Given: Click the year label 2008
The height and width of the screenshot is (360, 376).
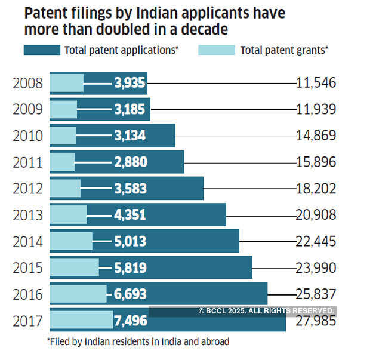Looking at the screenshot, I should click(x=27, y=83).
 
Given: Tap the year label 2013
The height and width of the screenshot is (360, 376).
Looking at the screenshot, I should click(x=27, y=214).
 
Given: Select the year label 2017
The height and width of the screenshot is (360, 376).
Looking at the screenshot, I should click(x=27, y=322).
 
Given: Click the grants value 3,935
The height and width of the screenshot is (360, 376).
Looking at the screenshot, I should click(x=130, y=83).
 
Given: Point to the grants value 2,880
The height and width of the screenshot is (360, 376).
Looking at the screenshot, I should click(x=130, y=162).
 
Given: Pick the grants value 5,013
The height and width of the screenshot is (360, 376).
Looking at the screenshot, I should click(x=130, y=241).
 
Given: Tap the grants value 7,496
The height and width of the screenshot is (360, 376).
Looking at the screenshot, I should click(x=130, y=322).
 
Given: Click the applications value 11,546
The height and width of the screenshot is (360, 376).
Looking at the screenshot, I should click(x=316, y=83).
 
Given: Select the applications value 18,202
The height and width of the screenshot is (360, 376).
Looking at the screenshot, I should click(x=316, y=189).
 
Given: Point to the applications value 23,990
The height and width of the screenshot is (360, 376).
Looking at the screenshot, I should click(x=316, y=267).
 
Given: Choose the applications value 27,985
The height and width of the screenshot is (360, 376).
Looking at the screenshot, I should click(x=316, y=322).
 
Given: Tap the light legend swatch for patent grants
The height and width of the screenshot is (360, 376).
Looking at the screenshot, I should click(x=216, y=50).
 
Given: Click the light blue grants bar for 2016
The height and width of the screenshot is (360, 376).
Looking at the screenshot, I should click(x=78, y=294).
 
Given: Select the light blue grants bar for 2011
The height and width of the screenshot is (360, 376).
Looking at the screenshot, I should click(x=62, y=162).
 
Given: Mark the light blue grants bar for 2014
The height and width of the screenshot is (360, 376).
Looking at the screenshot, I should click(x=70, y=241).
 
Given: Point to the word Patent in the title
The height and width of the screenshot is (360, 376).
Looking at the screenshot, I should click(x=48, y=12).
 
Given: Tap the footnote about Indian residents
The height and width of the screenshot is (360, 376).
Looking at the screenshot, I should click(x=138, y=341).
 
